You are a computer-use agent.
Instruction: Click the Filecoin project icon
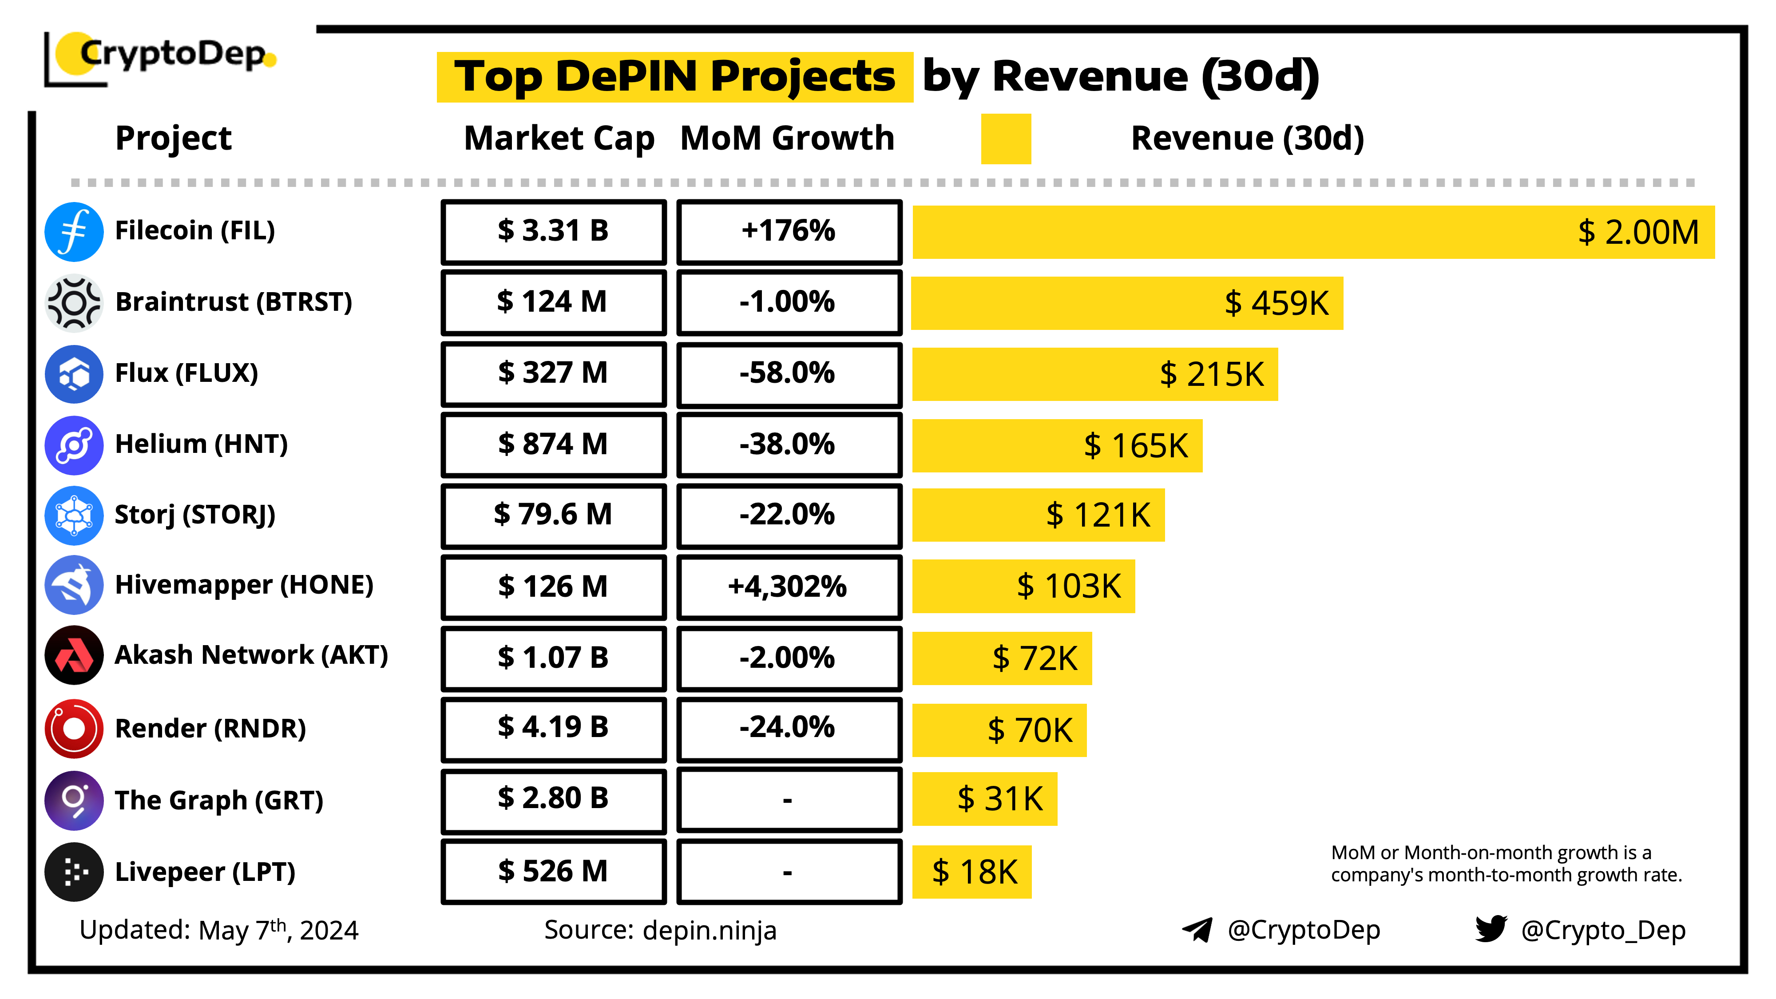pos(74,232)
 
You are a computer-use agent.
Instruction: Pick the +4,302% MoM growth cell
pos(789,587)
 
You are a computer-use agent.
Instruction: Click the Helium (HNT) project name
pos(201,444)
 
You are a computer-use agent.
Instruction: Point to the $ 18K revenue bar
pos(971,872)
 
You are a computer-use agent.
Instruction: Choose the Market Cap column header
pos(559,139)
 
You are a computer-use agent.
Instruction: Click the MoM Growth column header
pos(787,139)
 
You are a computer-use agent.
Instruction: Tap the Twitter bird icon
pos(1491,929)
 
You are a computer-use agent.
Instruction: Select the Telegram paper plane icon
pos(1197,929)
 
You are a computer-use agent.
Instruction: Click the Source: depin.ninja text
pos(660,930)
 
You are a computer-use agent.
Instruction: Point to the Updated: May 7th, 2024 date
pos(218,930)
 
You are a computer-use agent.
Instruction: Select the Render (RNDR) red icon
pos(74,729)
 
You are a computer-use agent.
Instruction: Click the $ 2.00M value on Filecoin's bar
pos(1638,232)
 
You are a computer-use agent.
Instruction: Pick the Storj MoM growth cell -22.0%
pos(789,515)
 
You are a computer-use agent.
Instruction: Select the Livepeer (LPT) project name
pos(205,872)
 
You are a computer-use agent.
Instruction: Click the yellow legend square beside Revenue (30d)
pos(1006,139)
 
